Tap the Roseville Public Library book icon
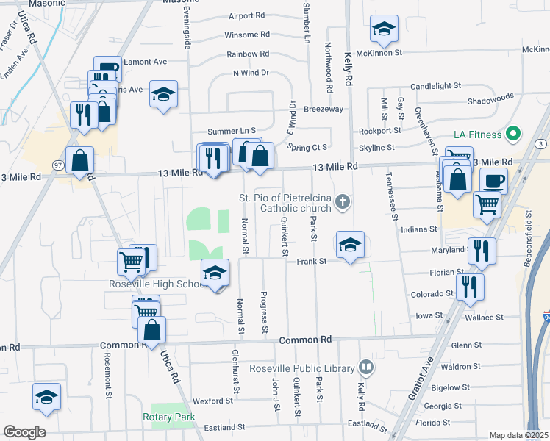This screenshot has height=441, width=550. pyautogui.click(x=366, y=367)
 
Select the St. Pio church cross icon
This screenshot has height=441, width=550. pyautogui.click(x=342, y=201)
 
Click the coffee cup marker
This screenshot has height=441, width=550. pyautogui.click(x=493, y=180)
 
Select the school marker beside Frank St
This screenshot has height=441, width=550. pyautogui.click(x=351, y=245)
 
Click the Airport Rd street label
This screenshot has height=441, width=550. pyautogui.click(x=246, y=15)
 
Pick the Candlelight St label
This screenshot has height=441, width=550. pyautogui.click(x=435, y=86)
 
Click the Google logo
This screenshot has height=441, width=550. pyautogui.click(x=24, y=432)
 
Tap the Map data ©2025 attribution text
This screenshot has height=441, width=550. pyautogui.click(x=518, y=435)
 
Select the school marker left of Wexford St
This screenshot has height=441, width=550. pyautogui.click(x=46, y=396)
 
